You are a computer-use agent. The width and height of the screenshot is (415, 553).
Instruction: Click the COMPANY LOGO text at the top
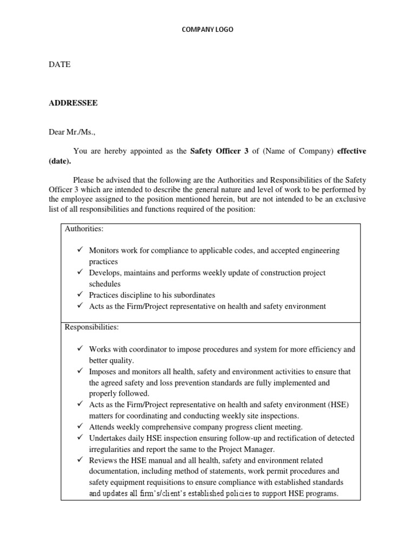click(x=207, y=30)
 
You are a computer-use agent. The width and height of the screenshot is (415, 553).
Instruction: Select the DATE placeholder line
click(x=60, y=64)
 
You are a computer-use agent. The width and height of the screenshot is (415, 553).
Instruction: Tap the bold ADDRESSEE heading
click(x=73, y=103)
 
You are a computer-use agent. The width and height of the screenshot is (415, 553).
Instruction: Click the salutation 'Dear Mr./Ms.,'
click(x=73, y=132)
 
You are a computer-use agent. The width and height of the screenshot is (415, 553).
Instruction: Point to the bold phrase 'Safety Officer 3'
click(x=219, y=151)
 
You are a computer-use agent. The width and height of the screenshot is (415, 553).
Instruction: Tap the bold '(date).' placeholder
click(x=59, y=161)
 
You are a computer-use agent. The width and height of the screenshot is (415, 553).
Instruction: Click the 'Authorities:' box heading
click(x=84, y=229)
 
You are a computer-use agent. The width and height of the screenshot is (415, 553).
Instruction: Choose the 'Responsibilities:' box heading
click(x=92, y=327)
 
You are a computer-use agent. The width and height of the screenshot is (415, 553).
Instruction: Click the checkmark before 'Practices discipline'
click(x=79, y=295)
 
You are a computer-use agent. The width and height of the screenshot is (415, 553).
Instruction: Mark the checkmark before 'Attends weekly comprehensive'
click(x=79, y=426)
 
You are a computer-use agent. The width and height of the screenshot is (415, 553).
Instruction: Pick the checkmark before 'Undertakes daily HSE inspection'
click(x=79, y=437)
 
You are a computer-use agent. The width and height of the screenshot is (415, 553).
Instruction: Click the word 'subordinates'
click(x=192, y=295)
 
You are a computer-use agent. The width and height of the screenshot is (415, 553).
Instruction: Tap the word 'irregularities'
click(x=111, y=449)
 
